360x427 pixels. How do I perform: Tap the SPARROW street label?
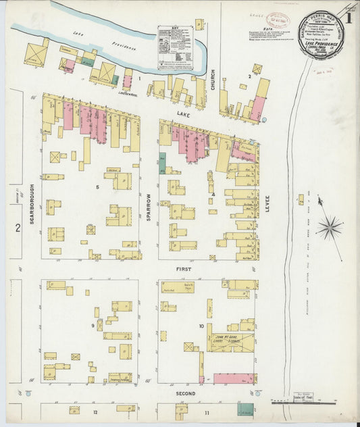point(149,197)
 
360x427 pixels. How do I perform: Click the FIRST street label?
point(184,269)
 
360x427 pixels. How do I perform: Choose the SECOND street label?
point(185,393)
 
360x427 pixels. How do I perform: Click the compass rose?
point(329,227)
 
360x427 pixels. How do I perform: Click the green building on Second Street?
point(247,409)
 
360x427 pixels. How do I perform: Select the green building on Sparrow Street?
point(162,164)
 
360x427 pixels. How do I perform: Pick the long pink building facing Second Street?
point(234,378)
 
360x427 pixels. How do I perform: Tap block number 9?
point(93,326)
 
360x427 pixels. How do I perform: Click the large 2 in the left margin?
point(18,228)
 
